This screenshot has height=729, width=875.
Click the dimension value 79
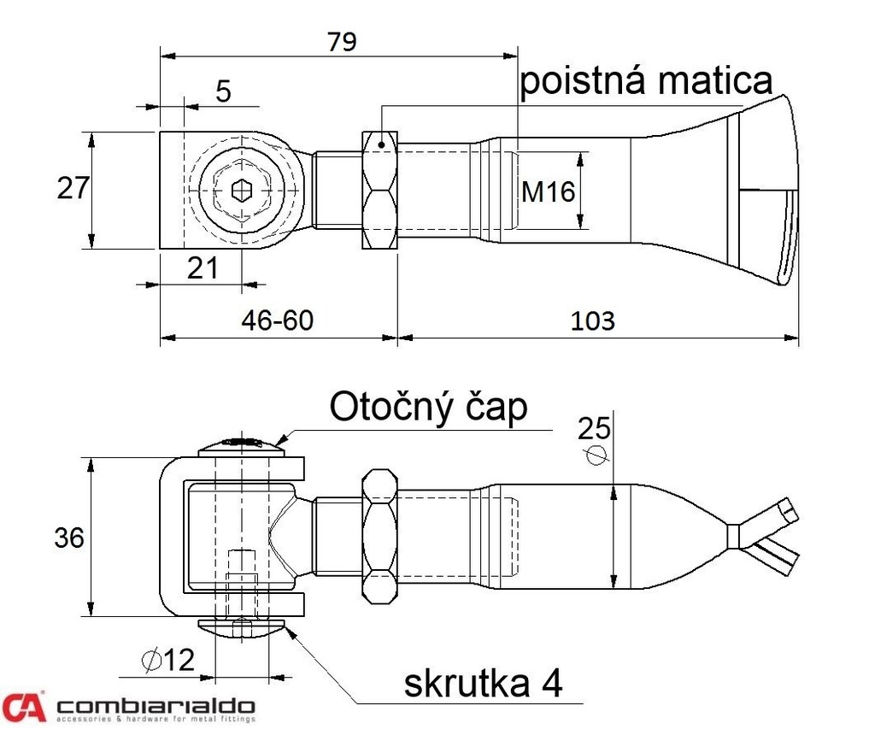[x=340, y=40]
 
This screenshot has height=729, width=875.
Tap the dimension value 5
[x=223, y=91]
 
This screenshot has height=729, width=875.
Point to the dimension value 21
[x=203, y=268]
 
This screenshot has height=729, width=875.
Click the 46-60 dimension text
[x=278, y=320]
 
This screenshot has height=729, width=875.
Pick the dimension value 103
[x=593, y=320]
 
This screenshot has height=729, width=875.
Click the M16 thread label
[x=548, y=192]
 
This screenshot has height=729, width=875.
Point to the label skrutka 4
[x=483, y=684]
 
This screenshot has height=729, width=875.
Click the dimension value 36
[x=69, y=538]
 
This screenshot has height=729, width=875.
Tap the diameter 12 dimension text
[x=169, y=660]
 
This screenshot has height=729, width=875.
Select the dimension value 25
[x=596, y=426]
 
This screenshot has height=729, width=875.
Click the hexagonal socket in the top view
[x=242, y=191]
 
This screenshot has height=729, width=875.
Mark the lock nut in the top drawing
[x=380, y=191]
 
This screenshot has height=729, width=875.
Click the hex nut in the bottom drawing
[x=379, y=537]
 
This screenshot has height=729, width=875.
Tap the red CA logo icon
[x=23, y=706]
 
